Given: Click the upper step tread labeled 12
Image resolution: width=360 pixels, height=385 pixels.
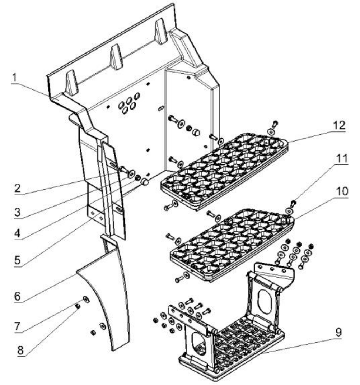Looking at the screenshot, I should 223,169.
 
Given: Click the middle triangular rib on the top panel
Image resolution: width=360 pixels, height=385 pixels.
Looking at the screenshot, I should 116,57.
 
